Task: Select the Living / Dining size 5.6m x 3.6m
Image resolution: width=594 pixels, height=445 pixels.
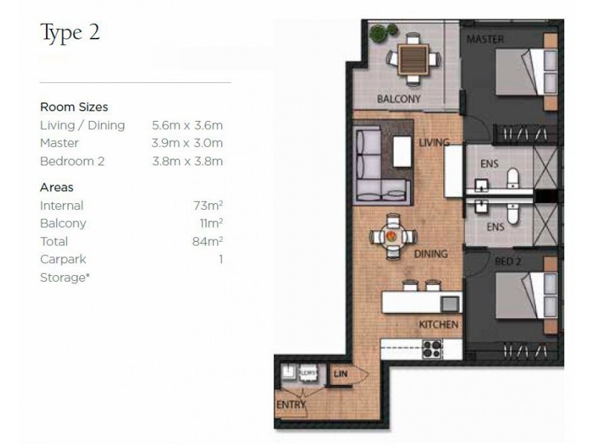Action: pos(187,125)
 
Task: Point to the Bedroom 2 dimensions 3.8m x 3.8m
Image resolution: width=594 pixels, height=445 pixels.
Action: pos(187,161)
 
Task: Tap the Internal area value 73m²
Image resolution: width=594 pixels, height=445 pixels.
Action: pos(209,205)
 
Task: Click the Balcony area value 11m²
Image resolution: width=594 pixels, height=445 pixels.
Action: pos(210,223)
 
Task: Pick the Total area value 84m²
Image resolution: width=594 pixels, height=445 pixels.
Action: pos(209,241)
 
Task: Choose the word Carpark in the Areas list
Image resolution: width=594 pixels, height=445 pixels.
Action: pos(63,260)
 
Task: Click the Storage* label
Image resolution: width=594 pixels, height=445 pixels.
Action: pos(65,277)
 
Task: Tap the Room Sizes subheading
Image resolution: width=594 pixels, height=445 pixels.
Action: pos(74,107)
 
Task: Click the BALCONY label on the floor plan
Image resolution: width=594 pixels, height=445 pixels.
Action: pos(399,99)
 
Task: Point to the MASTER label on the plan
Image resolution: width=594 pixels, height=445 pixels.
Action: pos(486,39)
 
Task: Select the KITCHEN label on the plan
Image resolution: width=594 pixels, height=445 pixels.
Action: pos(438,325)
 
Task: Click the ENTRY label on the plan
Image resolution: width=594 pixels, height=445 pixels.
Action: pos(290,405)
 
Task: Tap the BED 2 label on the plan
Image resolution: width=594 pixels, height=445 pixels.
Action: pos(509,262)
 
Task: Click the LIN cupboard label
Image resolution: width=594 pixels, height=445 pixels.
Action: pos(341,375)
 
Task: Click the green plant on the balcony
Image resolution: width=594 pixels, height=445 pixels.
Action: pos(379,33)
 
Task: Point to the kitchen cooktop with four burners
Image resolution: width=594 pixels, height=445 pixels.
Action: pos(432,349)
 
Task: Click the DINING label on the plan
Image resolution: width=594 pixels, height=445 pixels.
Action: pos(431,254)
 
